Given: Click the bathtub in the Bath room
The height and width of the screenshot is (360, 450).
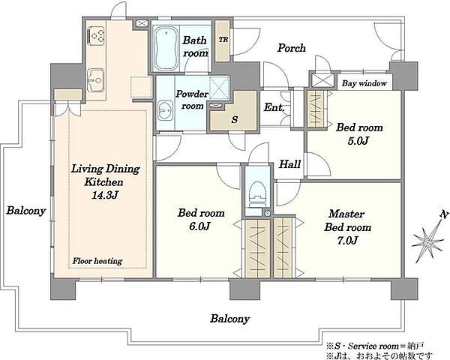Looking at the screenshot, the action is (166, 48).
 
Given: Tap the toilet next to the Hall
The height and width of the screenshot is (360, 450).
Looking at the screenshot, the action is (257, 194).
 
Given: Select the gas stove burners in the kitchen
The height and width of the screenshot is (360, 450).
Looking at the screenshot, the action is (96, 35).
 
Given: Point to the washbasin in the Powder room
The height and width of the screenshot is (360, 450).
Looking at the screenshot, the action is (165, 111).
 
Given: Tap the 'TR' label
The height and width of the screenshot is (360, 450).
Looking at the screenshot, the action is (223, 40).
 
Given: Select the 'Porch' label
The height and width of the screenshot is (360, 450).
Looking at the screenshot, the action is (291, 48).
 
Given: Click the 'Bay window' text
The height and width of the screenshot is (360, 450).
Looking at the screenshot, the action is (364, 83).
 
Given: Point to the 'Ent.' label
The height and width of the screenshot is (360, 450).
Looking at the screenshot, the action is (274, 108).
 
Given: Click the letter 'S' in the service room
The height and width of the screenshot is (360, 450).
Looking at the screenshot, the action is (235, 119).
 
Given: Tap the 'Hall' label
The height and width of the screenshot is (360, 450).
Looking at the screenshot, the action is (289, 164).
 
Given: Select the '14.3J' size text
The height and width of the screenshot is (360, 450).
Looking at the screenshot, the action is (104, 196).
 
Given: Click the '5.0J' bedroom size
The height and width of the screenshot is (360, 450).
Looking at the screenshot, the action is (358, 141).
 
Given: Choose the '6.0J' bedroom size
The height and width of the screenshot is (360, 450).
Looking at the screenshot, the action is (199, 226).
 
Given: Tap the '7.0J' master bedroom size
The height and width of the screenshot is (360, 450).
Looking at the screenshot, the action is (347, 241).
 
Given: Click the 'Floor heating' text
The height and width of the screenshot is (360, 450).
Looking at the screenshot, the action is (97, 261).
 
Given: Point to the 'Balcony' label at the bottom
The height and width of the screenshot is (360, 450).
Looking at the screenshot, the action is (230, 319).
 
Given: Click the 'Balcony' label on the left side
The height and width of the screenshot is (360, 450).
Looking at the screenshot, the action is (26, 211).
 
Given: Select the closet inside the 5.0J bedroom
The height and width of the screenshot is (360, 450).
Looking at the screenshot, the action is (316, 109).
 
